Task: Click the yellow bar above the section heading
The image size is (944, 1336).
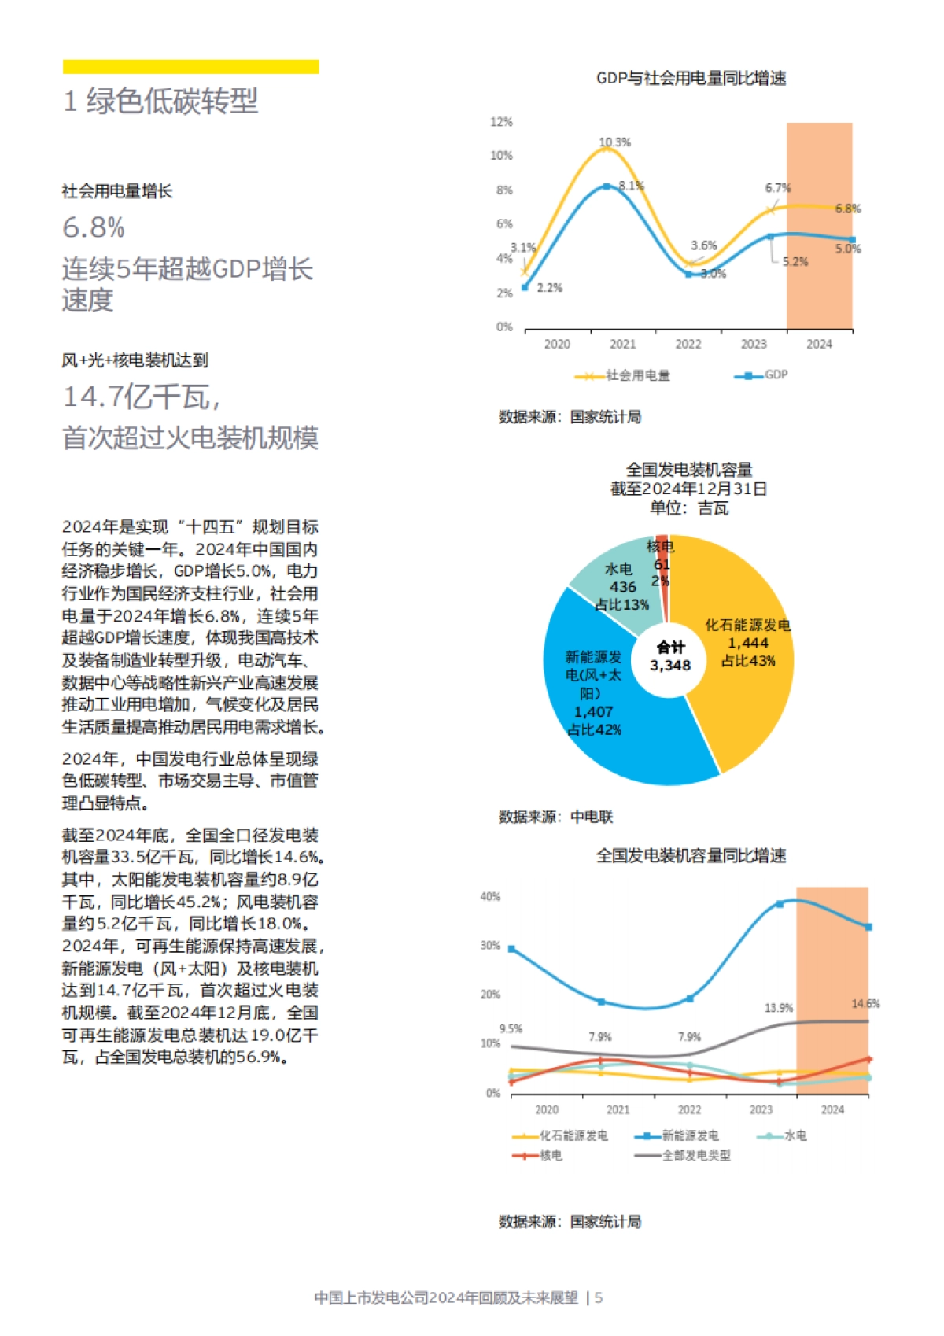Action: pyautogui.click(x=190, y=67)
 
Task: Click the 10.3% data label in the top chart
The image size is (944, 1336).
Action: pyautogui.click(x=614, y=142)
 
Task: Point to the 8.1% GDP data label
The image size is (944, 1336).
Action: pyautogui.click(x=631, y=186)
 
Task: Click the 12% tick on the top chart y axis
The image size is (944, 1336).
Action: pyautogui.click(x=501, y=122)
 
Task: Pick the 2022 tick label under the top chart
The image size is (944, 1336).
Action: pyautogui.click(x=688, y=345)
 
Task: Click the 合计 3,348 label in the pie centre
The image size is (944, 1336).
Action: pyautogui.click(x=670, y=656)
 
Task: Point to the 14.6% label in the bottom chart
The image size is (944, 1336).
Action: pyautogui.click(x=865, y=1004)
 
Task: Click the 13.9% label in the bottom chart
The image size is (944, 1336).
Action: pyautogui.click(x=779, y=1008)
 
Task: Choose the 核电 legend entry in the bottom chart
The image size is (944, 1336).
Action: pyautogui.click(x=543, y=1156)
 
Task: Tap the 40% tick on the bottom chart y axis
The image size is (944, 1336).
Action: pyautogui.click(x=490, y=897)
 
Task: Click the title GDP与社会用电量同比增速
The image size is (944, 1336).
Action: pyautogui.click(x=691, y=78)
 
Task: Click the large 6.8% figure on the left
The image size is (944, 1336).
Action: pyautogui.click(x=94, y=228)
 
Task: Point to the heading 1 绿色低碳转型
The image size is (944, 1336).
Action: pyautogui.click(x=160, y=101)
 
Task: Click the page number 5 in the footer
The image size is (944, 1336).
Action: pyautogui.click(x=599, y=1298)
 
